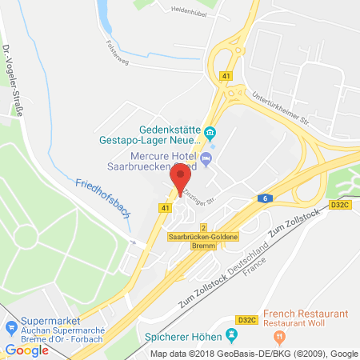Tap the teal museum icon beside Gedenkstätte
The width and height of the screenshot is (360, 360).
click(x=210, y=133)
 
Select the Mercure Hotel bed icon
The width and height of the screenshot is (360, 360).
click(x=206, y=158)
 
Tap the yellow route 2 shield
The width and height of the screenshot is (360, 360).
click(x=203, y=227)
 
